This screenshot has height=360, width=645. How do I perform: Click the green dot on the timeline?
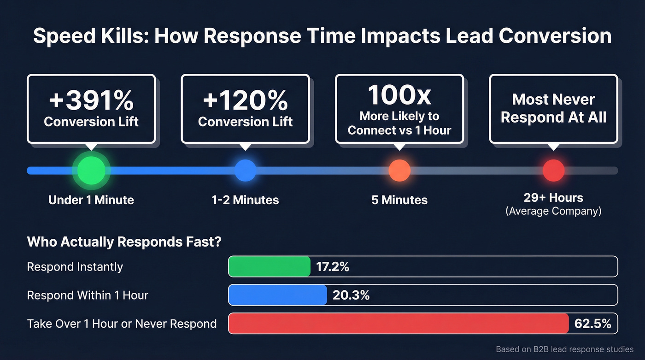point(91,171)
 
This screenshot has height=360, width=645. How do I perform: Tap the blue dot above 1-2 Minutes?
point(245,171)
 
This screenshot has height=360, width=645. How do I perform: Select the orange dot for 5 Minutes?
point(399,171)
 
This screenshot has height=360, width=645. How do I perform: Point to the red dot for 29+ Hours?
point(553,171)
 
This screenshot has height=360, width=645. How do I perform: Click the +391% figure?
point(91,100)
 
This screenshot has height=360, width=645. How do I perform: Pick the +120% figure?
point(245,100)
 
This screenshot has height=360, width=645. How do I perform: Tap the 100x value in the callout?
point(399,95)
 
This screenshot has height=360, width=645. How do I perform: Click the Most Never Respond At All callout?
point(553,108)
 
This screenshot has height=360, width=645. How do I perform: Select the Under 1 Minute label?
point(91,200)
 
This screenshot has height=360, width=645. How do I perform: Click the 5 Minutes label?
point(399,200)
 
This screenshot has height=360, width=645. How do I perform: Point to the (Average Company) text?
point(553,212)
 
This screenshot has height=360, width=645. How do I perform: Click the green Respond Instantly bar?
point(270,266)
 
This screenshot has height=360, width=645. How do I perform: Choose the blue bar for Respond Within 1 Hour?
point(277,295)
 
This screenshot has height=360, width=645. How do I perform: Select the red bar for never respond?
point(399,324)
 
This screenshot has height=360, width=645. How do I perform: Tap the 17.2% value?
point(332,267)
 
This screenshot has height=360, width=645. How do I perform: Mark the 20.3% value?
point(351,295)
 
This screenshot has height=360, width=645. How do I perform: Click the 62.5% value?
point(592,324)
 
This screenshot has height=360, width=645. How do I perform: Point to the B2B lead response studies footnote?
point(564,349)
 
